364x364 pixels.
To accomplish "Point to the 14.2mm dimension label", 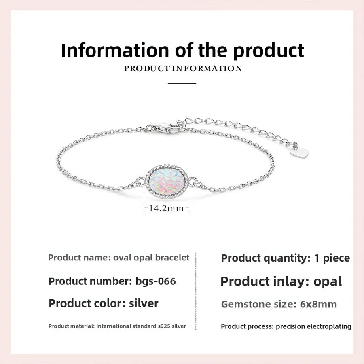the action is click(166, 208).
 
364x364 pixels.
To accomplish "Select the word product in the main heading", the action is click(269, 51).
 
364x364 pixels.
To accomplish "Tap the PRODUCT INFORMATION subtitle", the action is click(183, 68).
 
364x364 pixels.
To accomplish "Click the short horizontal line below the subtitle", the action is click(182, 83).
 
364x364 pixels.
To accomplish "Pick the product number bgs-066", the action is click(156, 281).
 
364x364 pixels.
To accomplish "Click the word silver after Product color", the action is click(144, 303).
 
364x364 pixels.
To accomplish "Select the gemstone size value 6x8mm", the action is click(318, 304).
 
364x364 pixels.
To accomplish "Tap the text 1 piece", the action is click(332, 258).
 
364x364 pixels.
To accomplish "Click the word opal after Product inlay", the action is click(328, 281).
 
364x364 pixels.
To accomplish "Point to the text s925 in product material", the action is click(164, 326).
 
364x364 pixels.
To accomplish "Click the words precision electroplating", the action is click(313, 326).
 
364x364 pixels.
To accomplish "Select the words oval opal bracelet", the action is click(151, 258).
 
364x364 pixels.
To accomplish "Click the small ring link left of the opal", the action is click(140, 181).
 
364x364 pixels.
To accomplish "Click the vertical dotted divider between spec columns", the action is click(196, 291).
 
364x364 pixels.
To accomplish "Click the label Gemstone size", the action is click(259, 304).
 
